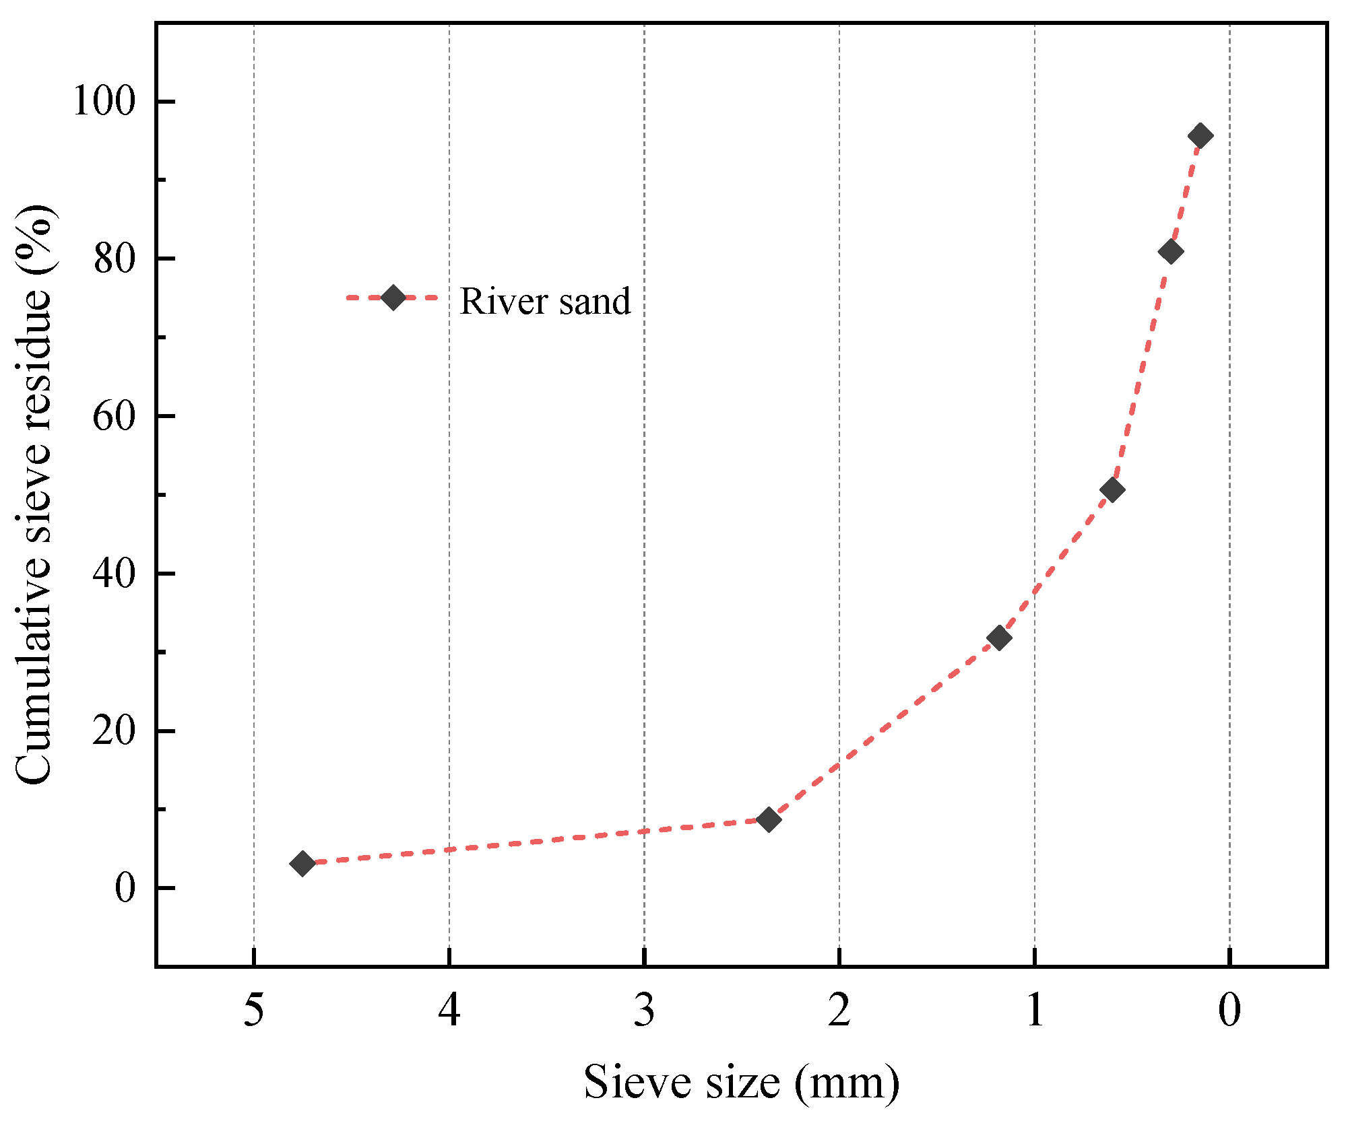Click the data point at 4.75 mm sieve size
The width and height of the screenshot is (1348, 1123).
pos(302,863)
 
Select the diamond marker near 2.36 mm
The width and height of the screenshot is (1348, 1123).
pos(769,819)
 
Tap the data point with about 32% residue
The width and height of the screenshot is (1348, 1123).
pos(999,638)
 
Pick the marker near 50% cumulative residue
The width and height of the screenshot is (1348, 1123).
pos(1112,489)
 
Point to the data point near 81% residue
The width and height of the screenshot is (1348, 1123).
pos(1171,252)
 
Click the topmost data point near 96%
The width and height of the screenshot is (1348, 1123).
pos(1200,135)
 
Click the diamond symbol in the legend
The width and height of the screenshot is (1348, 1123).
pos(393,297)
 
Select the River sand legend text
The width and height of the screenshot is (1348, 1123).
pos(545,301)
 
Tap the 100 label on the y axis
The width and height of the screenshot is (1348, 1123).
pos(104,102)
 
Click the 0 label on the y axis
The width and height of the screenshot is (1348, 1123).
pos(125,888)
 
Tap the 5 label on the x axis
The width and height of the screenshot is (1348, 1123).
pos(254,1011)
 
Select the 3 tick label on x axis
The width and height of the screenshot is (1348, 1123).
pos(645,1011)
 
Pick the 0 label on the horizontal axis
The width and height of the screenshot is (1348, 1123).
pos(1229,1011)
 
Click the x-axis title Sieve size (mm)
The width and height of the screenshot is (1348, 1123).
pos(741,1083)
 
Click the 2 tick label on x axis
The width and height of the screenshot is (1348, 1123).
pos(839,1011)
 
